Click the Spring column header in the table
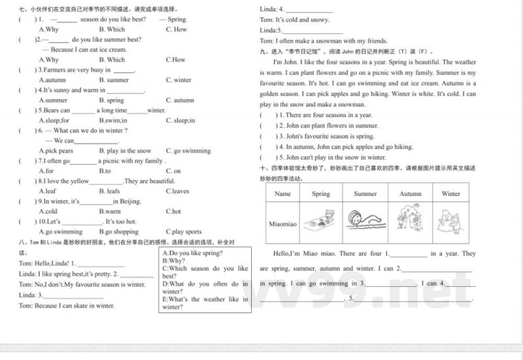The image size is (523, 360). pyautogui.click(x=321, y=194)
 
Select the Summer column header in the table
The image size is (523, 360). pyautogui.click(x=365, y=194)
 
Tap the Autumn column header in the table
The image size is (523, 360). pyautogui.click(x=410, y=194)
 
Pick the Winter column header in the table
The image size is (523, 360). pyautogui.click(x=450, y=194)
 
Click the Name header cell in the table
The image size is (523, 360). pyautogui.click(x=282, y=194)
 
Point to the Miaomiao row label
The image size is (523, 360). pyautogui.click(x=283, y=223)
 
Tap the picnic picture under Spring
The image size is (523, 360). pyautogui.click(x=321, y=220)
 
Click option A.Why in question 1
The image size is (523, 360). pyautogui.click(x=49, y=29)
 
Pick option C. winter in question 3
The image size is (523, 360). pyautogui.click(x=178, y=80)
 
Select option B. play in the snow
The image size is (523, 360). pyautogui.click(x=125, y=151)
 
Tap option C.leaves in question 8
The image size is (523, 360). pyautogui.click(x=177, y=191)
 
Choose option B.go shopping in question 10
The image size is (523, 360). pyautogui.click(x=118, y=232)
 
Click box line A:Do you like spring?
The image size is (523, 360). pyautogui.click(x=192, y=253)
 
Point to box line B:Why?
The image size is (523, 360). pyautogui.click(x=173, y=261)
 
